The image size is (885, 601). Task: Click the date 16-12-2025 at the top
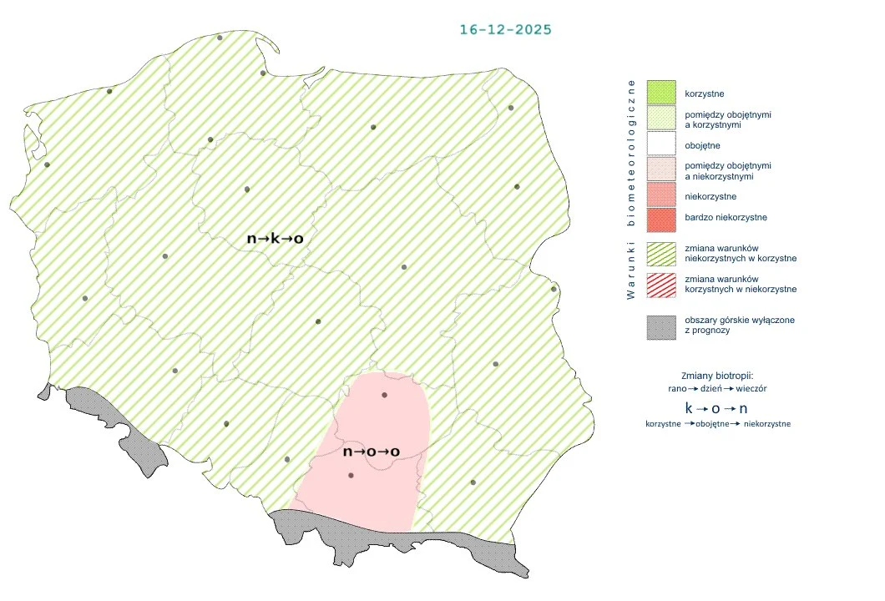[x=505, y=29]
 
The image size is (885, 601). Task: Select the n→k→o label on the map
[x=275, y=239]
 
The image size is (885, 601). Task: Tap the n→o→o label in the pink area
[x=372, y=452]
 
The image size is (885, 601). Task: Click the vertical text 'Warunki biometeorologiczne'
[x=631, y=188]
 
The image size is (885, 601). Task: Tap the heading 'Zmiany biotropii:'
[x=718, y=375]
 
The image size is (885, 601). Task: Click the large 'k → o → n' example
[x=716, y=408]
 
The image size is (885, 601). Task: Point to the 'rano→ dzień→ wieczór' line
[x=718, y=388]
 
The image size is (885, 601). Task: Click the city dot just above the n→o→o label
[x=384, y=395]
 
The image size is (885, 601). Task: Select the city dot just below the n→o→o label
[x=351, y=476]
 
